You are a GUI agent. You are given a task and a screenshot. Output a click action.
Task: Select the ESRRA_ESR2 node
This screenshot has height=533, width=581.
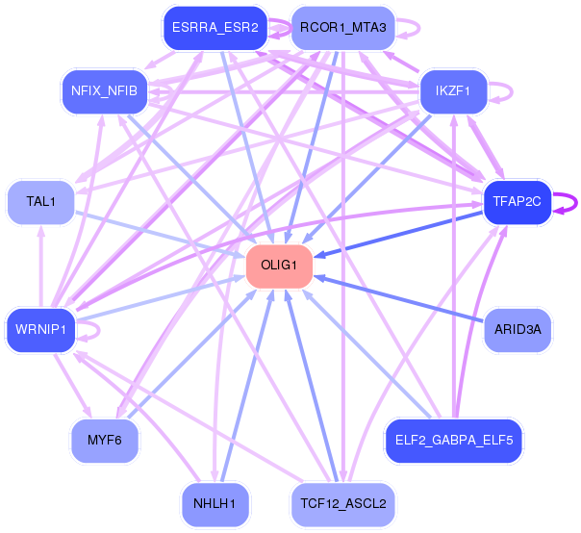click(215, 28)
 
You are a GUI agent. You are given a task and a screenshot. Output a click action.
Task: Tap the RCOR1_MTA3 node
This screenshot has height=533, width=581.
click(342, 28)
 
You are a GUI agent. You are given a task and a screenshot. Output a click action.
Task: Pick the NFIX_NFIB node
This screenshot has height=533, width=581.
click(103, 91)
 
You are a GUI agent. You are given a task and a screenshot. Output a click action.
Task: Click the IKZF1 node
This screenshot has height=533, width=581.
click(452, 91)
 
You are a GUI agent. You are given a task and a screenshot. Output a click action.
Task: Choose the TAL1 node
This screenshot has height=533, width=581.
click(41, 202)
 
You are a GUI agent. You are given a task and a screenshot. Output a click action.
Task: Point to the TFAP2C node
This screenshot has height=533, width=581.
click(518, 202)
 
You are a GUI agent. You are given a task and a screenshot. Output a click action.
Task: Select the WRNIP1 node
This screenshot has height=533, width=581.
click(39, 330)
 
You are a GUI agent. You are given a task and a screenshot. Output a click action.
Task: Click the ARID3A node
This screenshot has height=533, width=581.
click(518, 330)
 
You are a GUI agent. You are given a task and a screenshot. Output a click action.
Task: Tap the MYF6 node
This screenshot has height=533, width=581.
click(104, 441)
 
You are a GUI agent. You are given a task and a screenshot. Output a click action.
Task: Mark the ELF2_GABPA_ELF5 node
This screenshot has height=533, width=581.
click(453, 441)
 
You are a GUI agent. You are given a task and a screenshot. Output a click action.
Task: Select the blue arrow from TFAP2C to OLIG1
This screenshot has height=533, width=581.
click(399, 233)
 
